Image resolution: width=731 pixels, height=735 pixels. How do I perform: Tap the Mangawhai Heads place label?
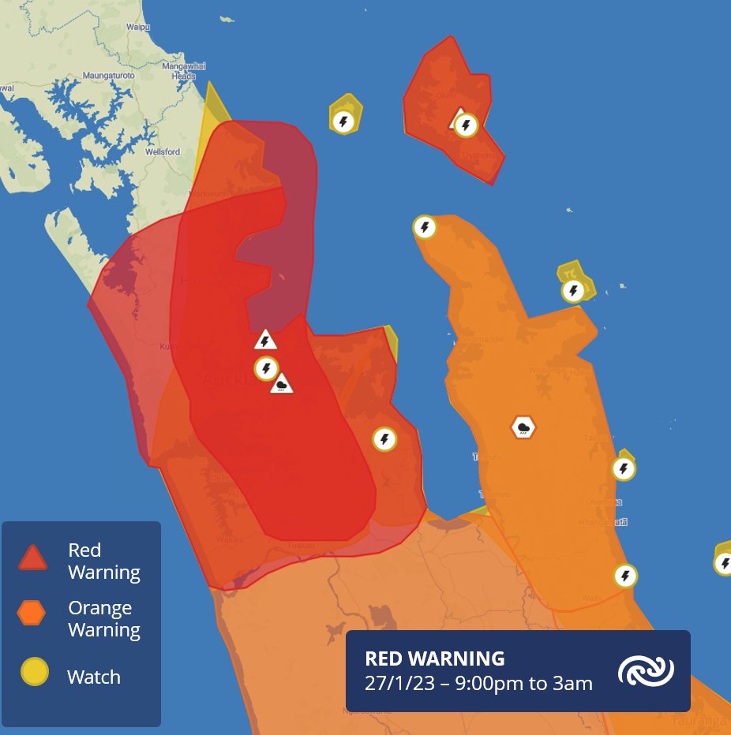178,72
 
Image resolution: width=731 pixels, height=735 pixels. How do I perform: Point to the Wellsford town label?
163,151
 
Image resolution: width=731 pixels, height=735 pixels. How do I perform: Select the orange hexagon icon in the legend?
34,612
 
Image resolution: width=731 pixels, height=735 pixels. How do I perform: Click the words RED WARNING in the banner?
434,659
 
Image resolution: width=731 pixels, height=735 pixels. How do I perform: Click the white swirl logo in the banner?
646,671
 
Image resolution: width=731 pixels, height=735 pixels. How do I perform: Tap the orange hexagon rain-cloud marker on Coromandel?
523,427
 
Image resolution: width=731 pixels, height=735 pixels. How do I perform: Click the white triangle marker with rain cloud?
282,385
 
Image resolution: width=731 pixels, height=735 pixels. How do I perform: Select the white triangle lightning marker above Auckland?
266,340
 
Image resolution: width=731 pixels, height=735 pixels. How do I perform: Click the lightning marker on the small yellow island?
343,121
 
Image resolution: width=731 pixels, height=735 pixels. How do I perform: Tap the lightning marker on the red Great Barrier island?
466,125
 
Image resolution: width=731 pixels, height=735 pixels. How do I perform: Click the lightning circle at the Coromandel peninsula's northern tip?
425,227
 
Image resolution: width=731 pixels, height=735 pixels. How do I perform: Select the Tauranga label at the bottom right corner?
698,721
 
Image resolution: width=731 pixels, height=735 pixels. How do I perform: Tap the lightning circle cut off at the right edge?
724,563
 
